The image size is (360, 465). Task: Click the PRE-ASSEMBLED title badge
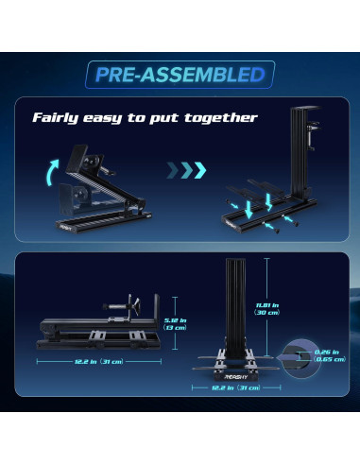[180, 74]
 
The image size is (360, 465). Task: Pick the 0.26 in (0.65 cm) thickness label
[329, 355]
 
